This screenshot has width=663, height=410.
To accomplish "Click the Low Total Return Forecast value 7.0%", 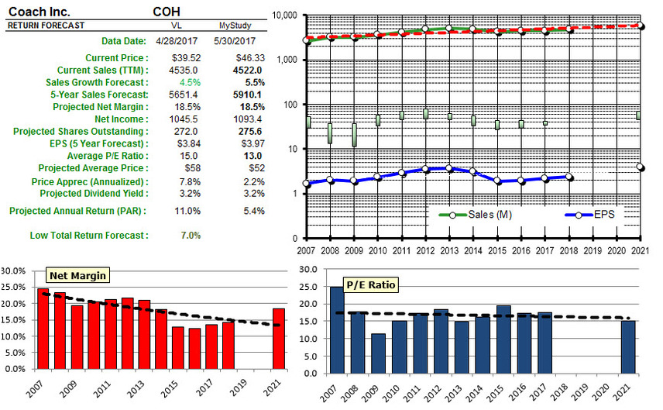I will [x=190, y=236].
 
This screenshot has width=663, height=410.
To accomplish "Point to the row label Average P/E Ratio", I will [x=105, y=157].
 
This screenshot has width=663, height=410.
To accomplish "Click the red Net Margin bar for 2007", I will [x=43, y=330].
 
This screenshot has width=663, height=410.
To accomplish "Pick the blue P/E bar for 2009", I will [x=377, y=353].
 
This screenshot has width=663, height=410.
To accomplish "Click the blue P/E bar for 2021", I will [x=628, y=346].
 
